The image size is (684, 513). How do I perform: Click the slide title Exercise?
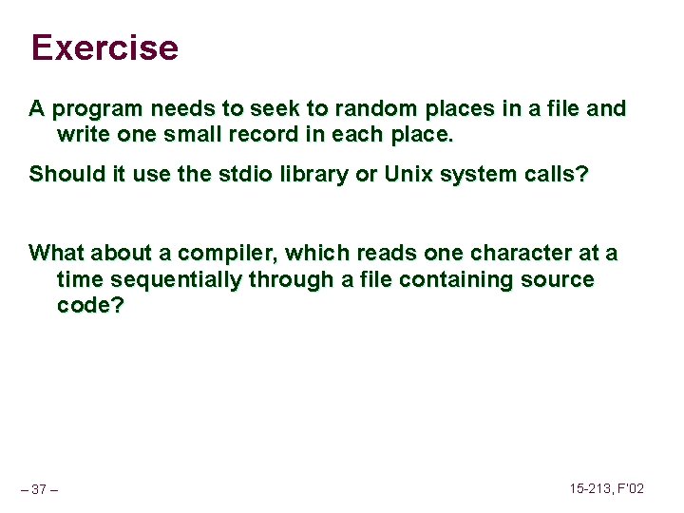104,47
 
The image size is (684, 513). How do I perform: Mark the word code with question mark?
90,306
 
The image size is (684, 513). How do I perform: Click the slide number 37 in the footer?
40,489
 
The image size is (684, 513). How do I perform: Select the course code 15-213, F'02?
607,488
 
